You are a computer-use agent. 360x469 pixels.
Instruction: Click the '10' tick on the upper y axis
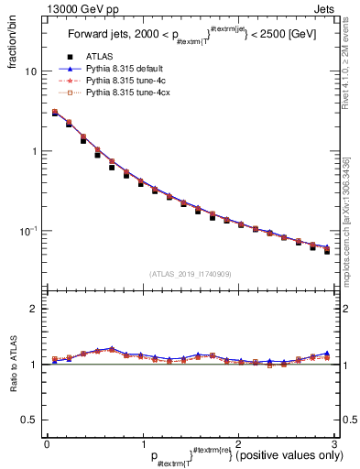click(x=31, y=71)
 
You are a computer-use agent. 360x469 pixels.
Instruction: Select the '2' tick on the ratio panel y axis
click(x=34, y=310)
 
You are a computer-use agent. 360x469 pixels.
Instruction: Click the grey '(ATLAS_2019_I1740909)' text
click(x=190, y=274)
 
